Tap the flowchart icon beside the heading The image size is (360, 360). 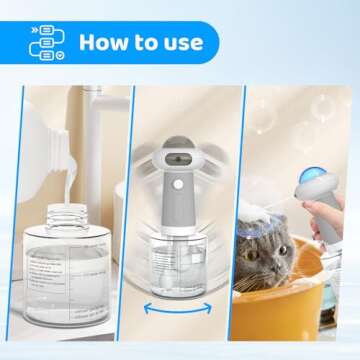click(45, 42)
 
